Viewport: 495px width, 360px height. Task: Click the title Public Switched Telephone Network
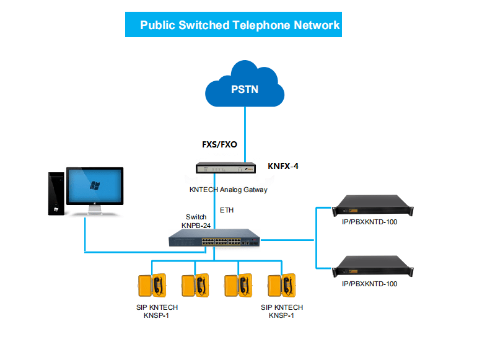[x=240, y=25]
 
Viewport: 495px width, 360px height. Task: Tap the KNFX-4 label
[x=287, y=166]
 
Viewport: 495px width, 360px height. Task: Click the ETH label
[x=227, y=211]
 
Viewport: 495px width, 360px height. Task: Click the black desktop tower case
[x=57, y=193]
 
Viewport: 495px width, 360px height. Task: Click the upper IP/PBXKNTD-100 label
[x=369, y=222]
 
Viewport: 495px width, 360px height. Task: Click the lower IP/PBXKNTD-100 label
[x=369, y=284]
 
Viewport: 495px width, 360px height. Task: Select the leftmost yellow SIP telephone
[x=152, y=286]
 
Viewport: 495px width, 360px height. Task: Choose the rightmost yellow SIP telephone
[x=282, y=286]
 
